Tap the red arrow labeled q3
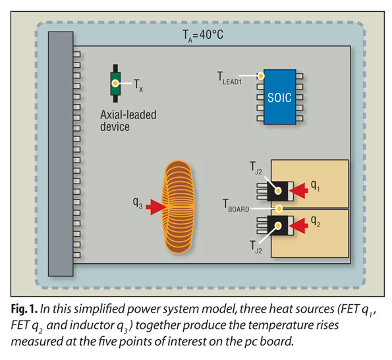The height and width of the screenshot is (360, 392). pos(155,208)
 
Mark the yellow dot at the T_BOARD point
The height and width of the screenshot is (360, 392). pos(280,209)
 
